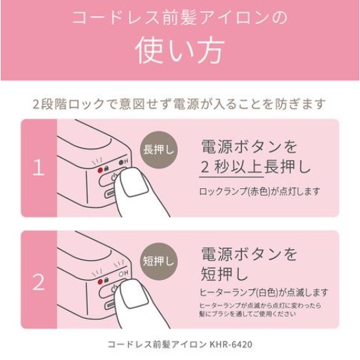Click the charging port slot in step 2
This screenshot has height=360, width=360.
point(114,306)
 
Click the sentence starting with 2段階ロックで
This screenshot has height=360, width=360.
point(180,105)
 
